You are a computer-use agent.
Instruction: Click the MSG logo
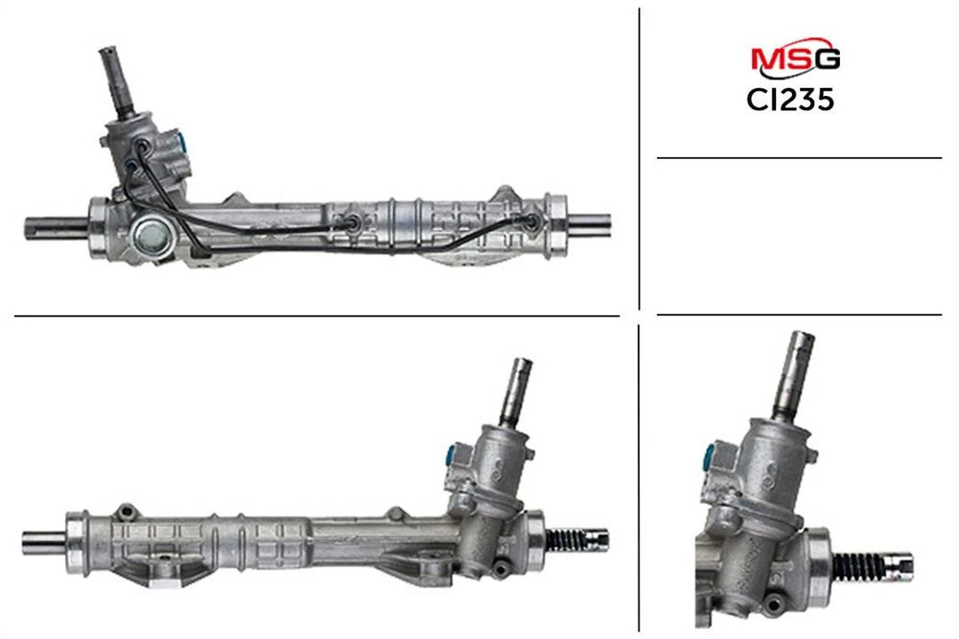(x=795, y=57)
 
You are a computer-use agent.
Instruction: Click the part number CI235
(x=790, y=100)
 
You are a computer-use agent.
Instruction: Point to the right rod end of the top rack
(x=590, y=221)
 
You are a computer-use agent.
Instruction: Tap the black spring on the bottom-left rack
(x=566, y=540)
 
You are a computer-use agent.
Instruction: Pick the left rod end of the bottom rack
(x=44, y=542)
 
